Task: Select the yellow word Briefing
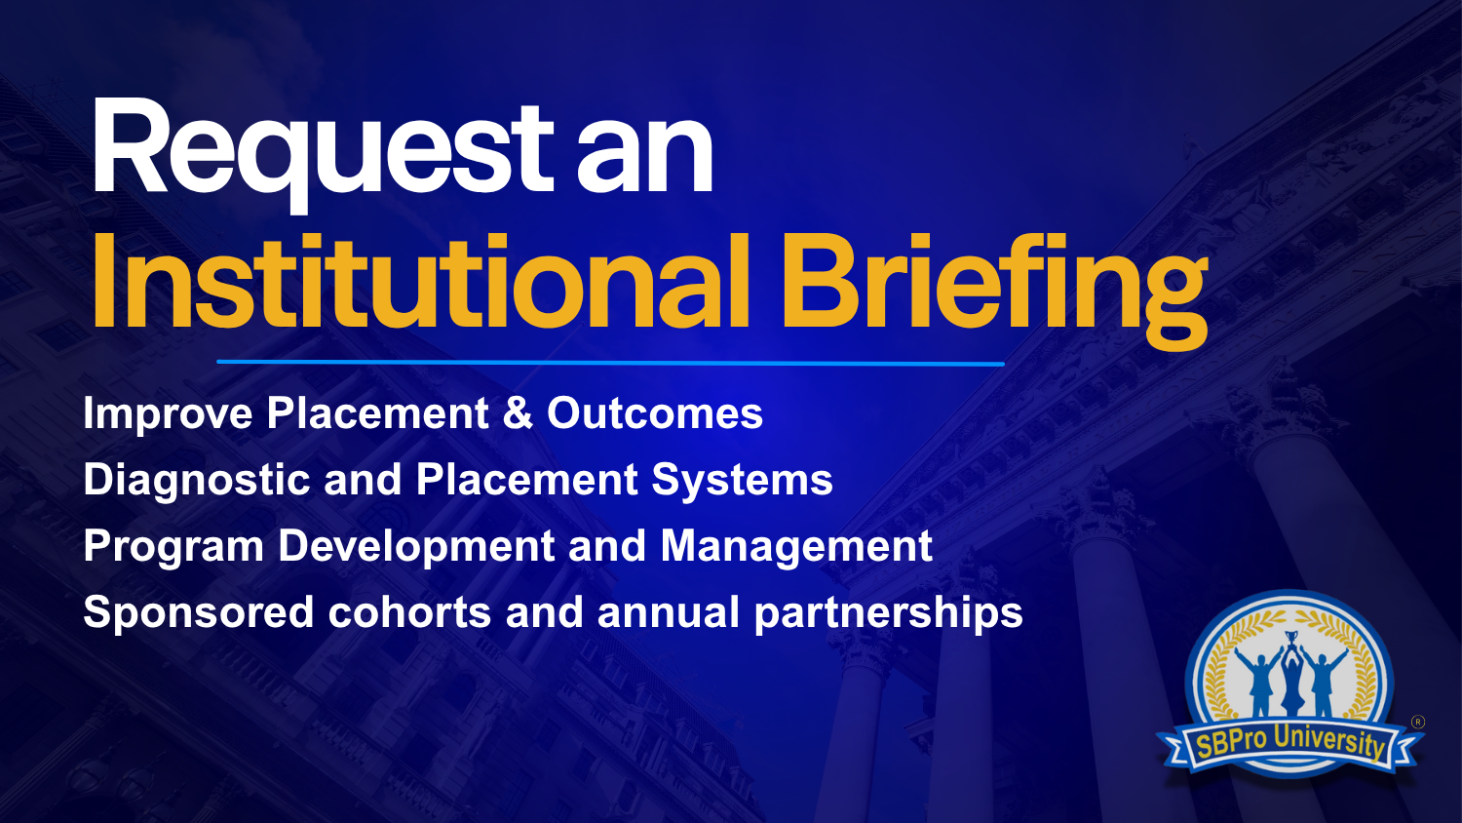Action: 994,292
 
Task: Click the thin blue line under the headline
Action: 610,363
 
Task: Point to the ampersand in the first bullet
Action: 518,413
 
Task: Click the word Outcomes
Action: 655,413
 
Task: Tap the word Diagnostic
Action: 197,480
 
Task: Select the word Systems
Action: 742,481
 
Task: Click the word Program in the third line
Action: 173,547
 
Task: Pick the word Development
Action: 416,547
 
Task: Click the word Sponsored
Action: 199,613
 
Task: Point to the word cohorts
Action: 409,612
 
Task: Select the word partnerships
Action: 888,613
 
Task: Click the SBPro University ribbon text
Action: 1290,744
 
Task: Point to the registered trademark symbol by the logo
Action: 1417,723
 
